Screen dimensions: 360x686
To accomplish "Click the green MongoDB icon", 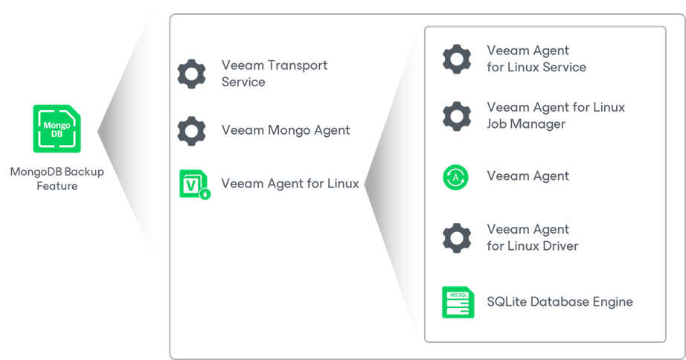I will (x=57, y=129).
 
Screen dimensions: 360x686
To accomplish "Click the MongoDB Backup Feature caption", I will (x=57, y=179).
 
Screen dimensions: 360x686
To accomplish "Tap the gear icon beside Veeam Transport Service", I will (x=191, y=74).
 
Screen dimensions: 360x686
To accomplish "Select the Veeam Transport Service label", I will (x=274, y=74).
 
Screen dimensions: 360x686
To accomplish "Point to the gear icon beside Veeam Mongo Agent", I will (x=191, y=130).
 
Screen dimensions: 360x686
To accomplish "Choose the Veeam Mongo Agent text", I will (x=286, y=130).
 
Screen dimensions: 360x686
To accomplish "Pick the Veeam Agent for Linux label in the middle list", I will (x=290, y=184).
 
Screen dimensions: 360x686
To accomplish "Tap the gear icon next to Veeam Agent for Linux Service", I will (x=456, y=59).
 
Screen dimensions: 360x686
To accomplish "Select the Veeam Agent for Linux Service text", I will (x=536, y=59).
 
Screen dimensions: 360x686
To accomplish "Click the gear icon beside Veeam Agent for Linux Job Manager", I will (x=456, y=116).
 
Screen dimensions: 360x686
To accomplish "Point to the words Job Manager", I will (x=526, y=124).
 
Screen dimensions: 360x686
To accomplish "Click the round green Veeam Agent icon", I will (x=455, y=177).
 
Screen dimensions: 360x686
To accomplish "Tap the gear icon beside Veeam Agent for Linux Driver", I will (x=456, y=238).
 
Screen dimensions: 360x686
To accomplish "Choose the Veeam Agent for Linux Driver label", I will (x=532, y=238).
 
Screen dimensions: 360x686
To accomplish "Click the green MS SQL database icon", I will (x=457, y=302).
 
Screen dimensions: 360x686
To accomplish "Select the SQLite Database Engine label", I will (x=560, y=302).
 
